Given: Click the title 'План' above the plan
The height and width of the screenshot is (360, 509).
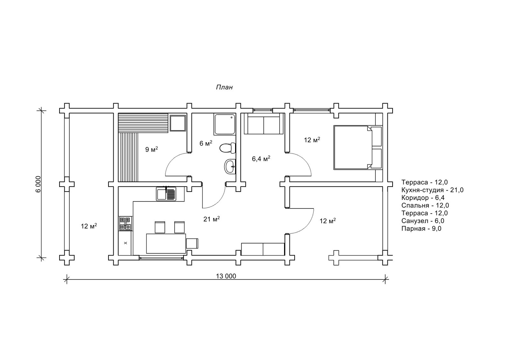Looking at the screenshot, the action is (224, 87).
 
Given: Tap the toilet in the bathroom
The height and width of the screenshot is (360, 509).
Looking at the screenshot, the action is (227, 148).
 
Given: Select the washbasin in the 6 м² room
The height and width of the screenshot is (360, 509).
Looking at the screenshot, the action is (230, 167).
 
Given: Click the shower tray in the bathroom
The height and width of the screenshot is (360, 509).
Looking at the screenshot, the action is (224, 124).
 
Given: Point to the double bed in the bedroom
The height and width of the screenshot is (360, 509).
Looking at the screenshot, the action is (358, 147).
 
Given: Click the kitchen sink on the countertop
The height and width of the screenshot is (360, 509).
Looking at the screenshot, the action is (166, 194).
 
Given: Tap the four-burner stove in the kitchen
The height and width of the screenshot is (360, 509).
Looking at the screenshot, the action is (125, 223).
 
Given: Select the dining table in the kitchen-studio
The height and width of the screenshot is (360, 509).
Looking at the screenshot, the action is (166, 243).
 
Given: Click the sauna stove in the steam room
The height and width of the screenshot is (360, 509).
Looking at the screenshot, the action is (178, 123).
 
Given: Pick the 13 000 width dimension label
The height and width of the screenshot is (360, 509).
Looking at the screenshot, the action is (226, 276).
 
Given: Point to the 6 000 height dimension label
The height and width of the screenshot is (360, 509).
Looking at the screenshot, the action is (38, 184).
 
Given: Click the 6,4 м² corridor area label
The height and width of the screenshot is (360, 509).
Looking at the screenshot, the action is (261, 159).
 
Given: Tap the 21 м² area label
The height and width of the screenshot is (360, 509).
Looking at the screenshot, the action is (212, 219).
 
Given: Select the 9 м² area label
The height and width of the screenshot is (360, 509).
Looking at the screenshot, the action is (151, 149).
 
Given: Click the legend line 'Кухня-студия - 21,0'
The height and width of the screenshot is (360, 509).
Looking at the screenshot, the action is (432, 190).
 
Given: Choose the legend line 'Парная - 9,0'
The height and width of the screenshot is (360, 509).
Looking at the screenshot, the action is (421, 228).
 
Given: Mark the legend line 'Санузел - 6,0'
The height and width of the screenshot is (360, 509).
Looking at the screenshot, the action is (423, 221).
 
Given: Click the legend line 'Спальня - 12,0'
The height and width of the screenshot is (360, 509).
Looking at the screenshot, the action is (425, 205).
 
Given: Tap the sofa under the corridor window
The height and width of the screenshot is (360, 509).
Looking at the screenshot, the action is (264, 124).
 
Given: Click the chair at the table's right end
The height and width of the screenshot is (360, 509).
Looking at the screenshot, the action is (192, 243).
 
